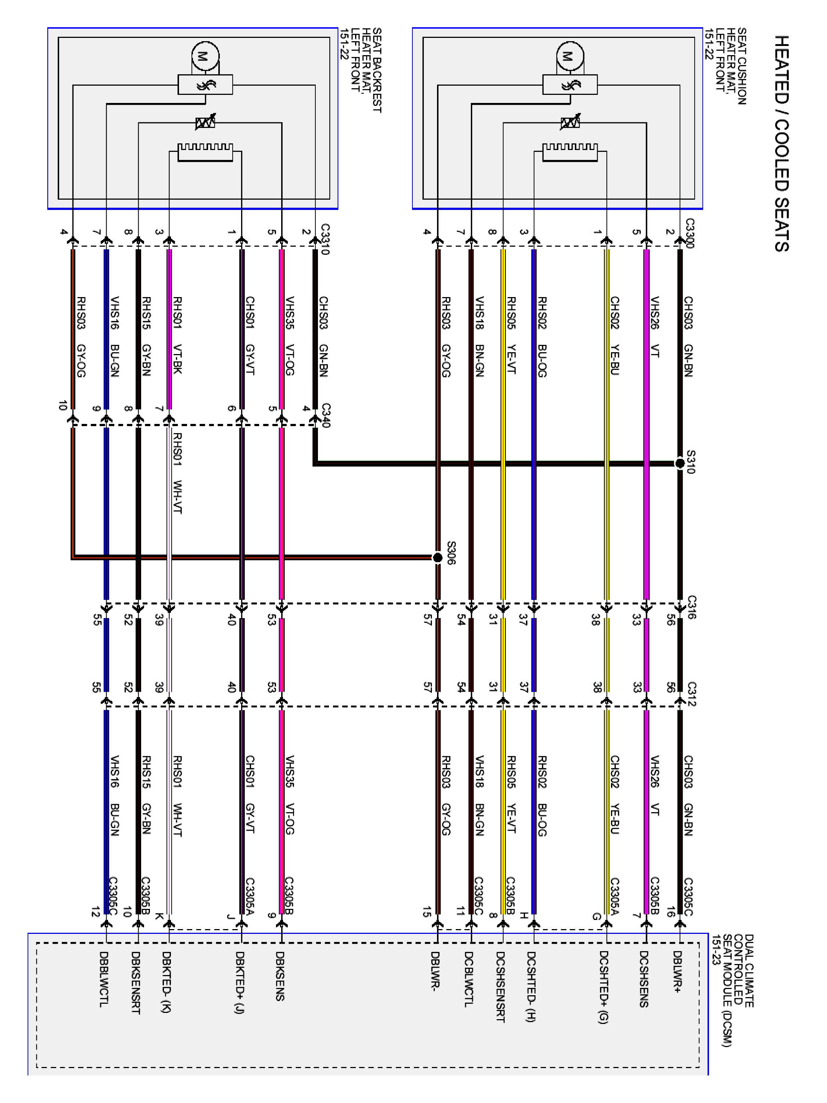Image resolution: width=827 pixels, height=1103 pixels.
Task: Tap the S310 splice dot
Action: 680,463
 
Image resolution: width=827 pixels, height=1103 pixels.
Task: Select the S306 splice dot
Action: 437,557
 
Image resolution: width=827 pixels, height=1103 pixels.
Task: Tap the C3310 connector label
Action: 325,239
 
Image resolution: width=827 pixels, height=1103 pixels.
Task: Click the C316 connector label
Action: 691,607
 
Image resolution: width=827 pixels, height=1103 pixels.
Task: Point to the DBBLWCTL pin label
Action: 104,979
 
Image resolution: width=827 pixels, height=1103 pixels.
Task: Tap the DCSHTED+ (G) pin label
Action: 604,987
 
